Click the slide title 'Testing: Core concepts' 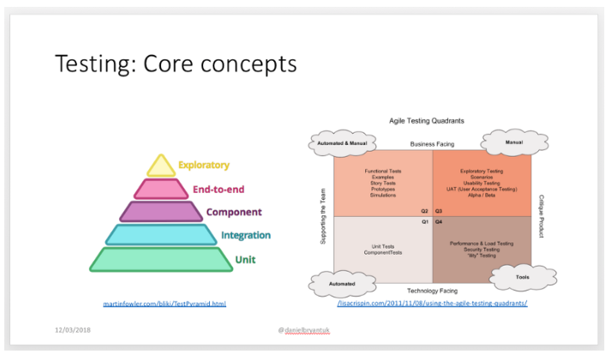(x=176, y=63)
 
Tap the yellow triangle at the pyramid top (x=160, y=166)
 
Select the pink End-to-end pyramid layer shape (x=160, y=189)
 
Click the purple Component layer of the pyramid (x=160, y=211)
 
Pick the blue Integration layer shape (x=160, y=234)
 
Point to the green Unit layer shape (x=160, y=259)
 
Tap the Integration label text (x=245, y=235)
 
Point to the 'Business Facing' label (x=432, y=144)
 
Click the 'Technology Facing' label (x=432, y=290)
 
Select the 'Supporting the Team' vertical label (x=323, y=217)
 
